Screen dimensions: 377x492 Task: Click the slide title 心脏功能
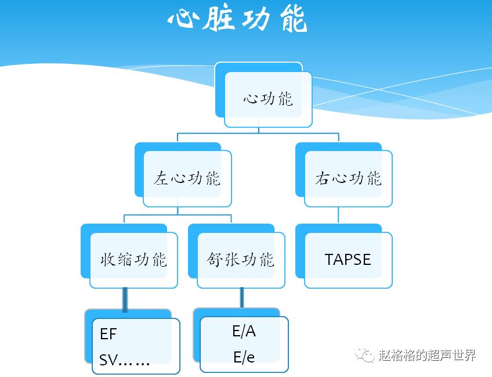(237, 20)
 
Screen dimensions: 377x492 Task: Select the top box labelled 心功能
(268, 99)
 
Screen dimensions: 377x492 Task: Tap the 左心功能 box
(187, 178)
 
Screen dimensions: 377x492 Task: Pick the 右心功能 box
(348, 178)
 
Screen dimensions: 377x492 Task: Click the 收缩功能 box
(133, 259)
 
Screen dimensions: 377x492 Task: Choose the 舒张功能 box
(240, 259)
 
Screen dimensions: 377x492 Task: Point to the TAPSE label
(348, 259)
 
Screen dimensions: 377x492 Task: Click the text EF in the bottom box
(108, 334)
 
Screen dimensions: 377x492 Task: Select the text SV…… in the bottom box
(125, 361)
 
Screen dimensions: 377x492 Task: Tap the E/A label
(244, 331)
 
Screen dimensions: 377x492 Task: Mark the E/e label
(244, 357)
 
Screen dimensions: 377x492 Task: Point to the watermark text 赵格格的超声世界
(427, 355)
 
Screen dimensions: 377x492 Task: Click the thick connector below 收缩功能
(125, 299)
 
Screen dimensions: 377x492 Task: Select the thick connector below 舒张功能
(241, 297)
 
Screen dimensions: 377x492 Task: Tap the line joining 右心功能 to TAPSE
(338, 216)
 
